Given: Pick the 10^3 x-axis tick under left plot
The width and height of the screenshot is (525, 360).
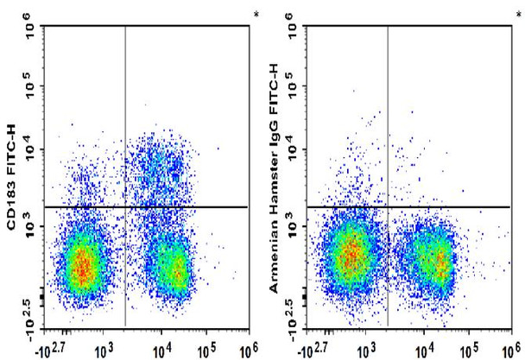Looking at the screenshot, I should coord(104,351).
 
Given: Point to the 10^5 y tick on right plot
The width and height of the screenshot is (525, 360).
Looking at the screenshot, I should coord(291,86).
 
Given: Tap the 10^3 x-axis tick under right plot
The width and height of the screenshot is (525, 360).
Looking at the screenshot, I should coord(365,351).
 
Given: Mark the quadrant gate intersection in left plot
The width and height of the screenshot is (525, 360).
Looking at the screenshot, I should coord(126,207).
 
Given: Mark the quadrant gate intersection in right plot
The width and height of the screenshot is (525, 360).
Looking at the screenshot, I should coord(388,207).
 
